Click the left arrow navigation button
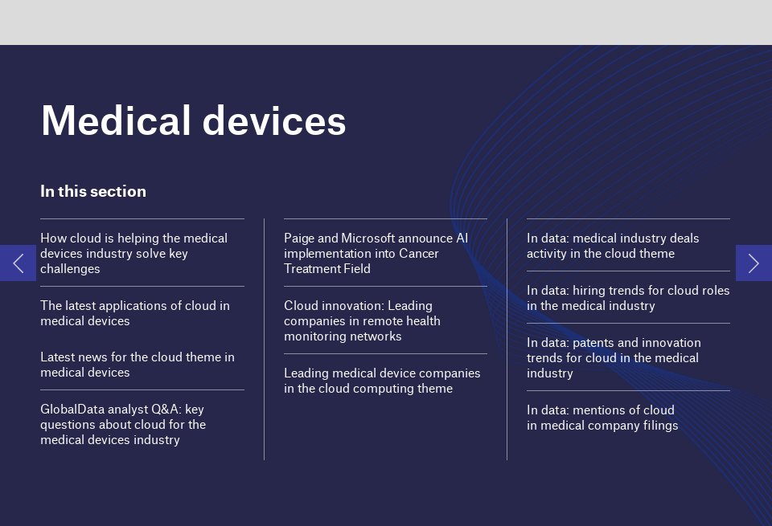click(18, 263)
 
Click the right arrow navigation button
click(754, 263)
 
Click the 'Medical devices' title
click(193, 120)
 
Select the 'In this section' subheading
click(93, 191)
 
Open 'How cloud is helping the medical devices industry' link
click(133, 254)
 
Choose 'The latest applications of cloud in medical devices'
click(134, 313)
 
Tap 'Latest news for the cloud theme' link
click(137, 365)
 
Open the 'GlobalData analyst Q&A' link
click(123, 425)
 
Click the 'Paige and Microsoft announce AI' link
click(376, 254)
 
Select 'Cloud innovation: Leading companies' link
click(362, 321)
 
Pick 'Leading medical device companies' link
click(381, 381)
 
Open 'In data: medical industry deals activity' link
click(613, 246)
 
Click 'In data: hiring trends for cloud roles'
click(627, 298)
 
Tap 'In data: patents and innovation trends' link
click(614, 358)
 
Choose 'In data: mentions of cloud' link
click(602, 418)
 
